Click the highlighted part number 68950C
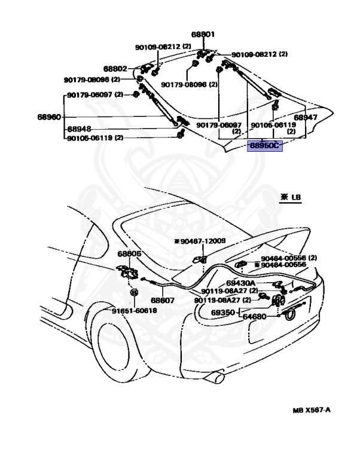pyautogui.click(x=264, y=146)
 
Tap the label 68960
pyautogui.click(x=49, y=117)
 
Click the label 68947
pyautogui.click(x=305, y=118)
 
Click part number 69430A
pyautogui.click(x=241, y=283)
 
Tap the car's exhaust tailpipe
pyautogui.click(x=216, y=378)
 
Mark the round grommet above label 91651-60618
pyautogui.click(x=134, y=293)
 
